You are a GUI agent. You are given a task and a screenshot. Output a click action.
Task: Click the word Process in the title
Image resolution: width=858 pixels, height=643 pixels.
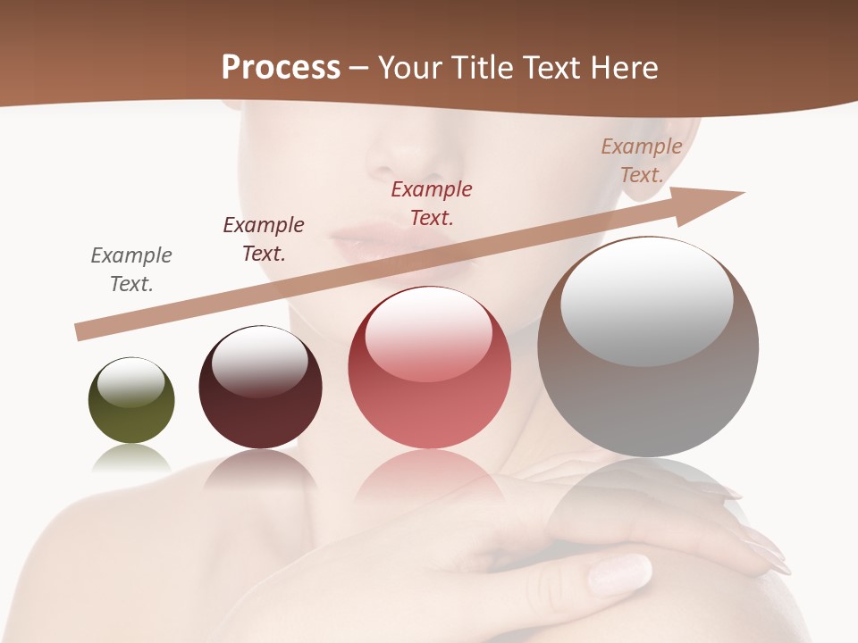281,67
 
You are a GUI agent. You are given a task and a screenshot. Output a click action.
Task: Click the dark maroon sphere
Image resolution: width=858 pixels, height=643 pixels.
260,388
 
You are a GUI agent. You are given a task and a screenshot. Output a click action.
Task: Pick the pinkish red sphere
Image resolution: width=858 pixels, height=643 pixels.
430,368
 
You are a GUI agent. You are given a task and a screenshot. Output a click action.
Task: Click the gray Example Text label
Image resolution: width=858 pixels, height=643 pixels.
131,270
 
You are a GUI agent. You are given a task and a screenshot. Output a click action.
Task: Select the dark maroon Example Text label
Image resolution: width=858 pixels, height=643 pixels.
264,239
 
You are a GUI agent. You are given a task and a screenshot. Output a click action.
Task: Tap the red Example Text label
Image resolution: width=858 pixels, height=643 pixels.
432,204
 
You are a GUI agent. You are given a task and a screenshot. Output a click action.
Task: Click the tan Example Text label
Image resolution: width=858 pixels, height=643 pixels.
642,161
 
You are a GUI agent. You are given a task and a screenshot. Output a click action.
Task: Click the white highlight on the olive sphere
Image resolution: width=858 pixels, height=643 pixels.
130,383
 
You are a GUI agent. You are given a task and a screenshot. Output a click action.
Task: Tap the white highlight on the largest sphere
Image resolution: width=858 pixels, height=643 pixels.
646,303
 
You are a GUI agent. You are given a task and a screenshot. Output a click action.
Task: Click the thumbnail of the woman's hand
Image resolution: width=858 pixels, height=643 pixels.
618,572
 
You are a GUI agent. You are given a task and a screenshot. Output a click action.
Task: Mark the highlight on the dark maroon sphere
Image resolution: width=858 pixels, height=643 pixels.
259,361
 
